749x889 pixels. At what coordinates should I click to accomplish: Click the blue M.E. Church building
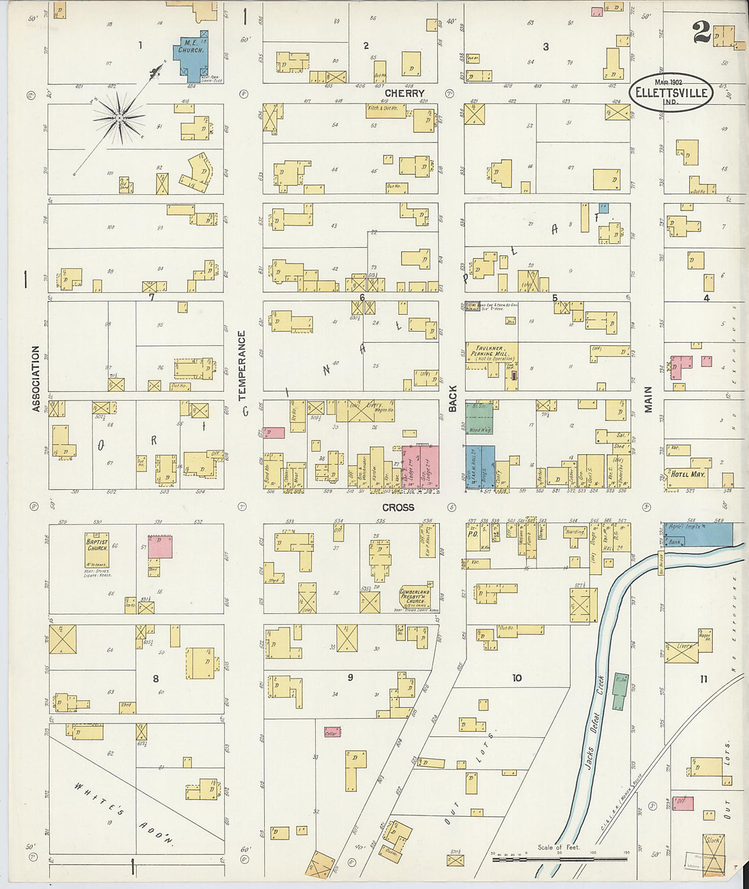191,54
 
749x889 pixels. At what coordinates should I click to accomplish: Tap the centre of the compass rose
119,118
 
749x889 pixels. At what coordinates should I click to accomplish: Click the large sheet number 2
701,32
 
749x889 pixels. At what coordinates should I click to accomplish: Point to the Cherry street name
404,93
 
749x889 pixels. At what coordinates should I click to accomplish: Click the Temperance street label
242,366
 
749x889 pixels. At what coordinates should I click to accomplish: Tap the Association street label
36,378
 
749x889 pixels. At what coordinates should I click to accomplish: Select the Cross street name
398,508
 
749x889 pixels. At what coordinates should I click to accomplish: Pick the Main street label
648,399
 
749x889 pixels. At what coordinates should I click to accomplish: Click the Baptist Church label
97,545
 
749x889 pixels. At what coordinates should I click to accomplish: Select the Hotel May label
688,474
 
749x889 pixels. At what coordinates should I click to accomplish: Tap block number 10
517,678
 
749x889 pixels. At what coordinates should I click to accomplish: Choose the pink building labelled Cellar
332,732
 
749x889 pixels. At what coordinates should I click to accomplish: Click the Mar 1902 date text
668,82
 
